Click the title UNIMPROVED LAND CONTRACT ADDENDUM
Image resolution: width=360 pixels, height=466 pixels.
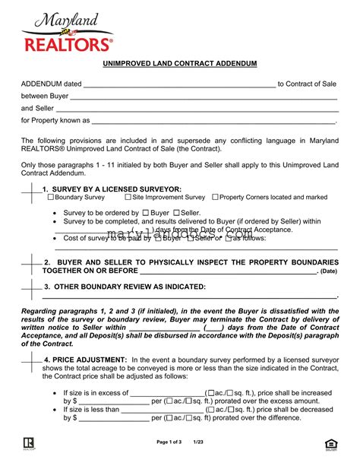click(x=179, y=63)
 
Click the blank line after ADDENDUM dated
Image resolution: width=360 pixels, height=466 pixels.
click(x=178, y=85)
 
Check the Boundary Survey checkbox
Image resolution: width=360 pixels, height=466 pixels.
click(x=51, y=197)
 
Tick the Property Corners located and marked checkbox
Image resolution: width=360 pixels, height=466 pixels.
click(x=215, y=197)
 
